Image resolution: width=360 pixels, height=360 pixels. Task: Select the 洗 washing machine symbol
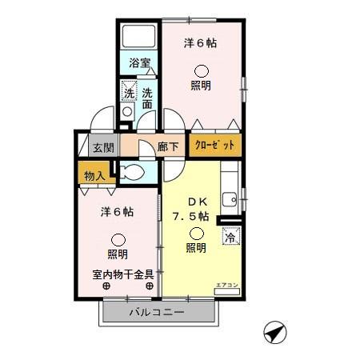click(x=128, y=92)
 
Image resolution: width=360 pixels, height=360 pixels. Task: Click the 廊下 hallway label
click(x=167, y=147)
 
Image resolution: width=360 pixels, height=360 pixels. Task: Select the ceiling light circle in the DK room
click(x=195, y=234)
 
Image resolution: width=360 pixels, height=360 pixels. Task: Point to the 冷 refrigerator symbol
click(x=230, y=237)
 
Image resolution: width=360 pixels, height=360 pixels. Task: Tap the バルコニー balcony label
click(x=158, y=312)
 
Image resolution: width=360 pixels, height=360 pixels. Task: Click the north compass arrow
click(x=274, y=330)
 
